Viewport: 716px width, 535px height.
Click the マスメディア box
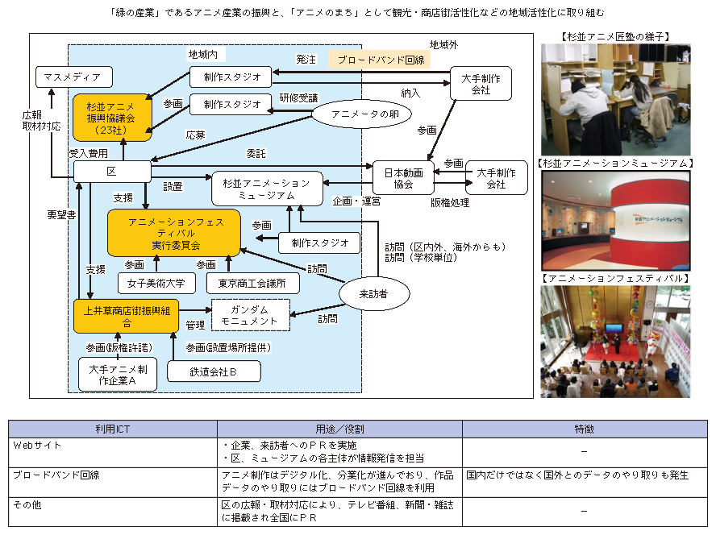click(74, 77)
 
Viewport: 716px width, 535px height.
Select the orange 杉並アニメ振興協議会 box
click(112, 118)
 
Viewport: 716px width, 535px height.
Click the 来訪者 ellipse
click(374, 293)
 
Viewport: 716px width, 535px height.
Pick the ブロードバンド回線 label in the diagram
click(380, 60)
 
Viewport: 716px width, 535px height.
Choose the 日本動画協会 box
click(403, 178)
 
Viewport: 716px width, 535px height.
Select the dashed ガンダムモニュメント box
click(251, 315)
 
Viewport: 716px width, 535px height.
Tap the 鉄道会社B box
click(214, 371)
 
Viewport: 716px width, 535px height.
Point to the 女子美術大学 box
click(156, 284)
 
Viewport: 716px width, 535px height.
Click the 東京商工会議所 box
click(253, 284)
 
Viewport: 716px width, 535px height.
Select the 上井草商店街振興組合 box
click(126, 317)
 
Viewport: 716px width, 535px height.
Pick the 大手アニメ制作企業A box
click(118, 375)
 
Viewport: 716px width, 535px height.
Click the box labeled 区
click(112, 171)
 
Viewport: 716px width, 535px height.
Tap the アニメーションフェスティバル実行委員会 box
click(174, 234)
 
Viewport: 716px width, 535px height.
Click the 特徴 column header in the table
click(585, 429)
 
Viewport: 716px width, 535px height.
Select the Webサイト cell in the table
click(37, 445)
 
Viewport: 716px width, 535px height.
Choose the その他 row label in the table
click(27, 504)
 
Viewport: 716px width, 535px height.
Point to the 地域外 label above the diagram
click(443, 45)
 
